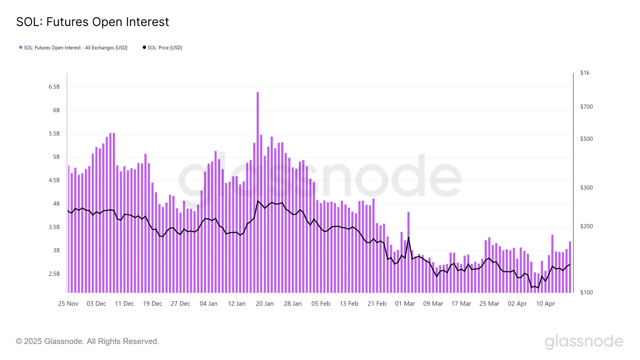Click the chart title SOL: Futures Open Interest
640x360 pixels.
coord(92,22)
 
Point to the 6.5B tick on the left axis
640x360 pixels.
coord(54,87)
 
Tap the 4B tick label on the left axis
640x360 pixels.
coord(56,204)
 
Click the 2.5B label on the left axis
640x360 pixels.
coord(54,274)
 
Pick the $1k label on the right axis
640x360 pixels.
coord(585,73)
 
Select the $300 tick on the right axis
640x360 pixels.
coord(586,188)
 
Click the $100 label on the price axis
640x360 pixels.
coord(586,292)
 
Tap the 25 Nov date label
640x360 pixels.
coord(68,304)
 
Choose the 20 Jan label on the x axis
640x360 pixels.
coord(264,304)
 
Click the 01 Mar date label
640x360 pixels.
coord(405,304)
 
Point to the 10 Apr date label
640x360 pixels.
coord(545,304)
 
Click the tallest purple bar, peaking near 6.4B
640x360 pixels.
coord(258,192)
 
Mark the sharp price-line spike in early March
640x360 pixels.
coord(408,238)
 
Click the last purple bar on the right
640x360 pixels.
coord(570,267)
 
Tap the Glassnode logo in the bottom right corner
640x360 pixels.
coord(584,341)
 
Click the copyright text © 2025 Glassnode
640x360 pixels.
coord(88,341)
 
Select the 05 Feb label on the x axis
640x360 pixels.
coord(321,304)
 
